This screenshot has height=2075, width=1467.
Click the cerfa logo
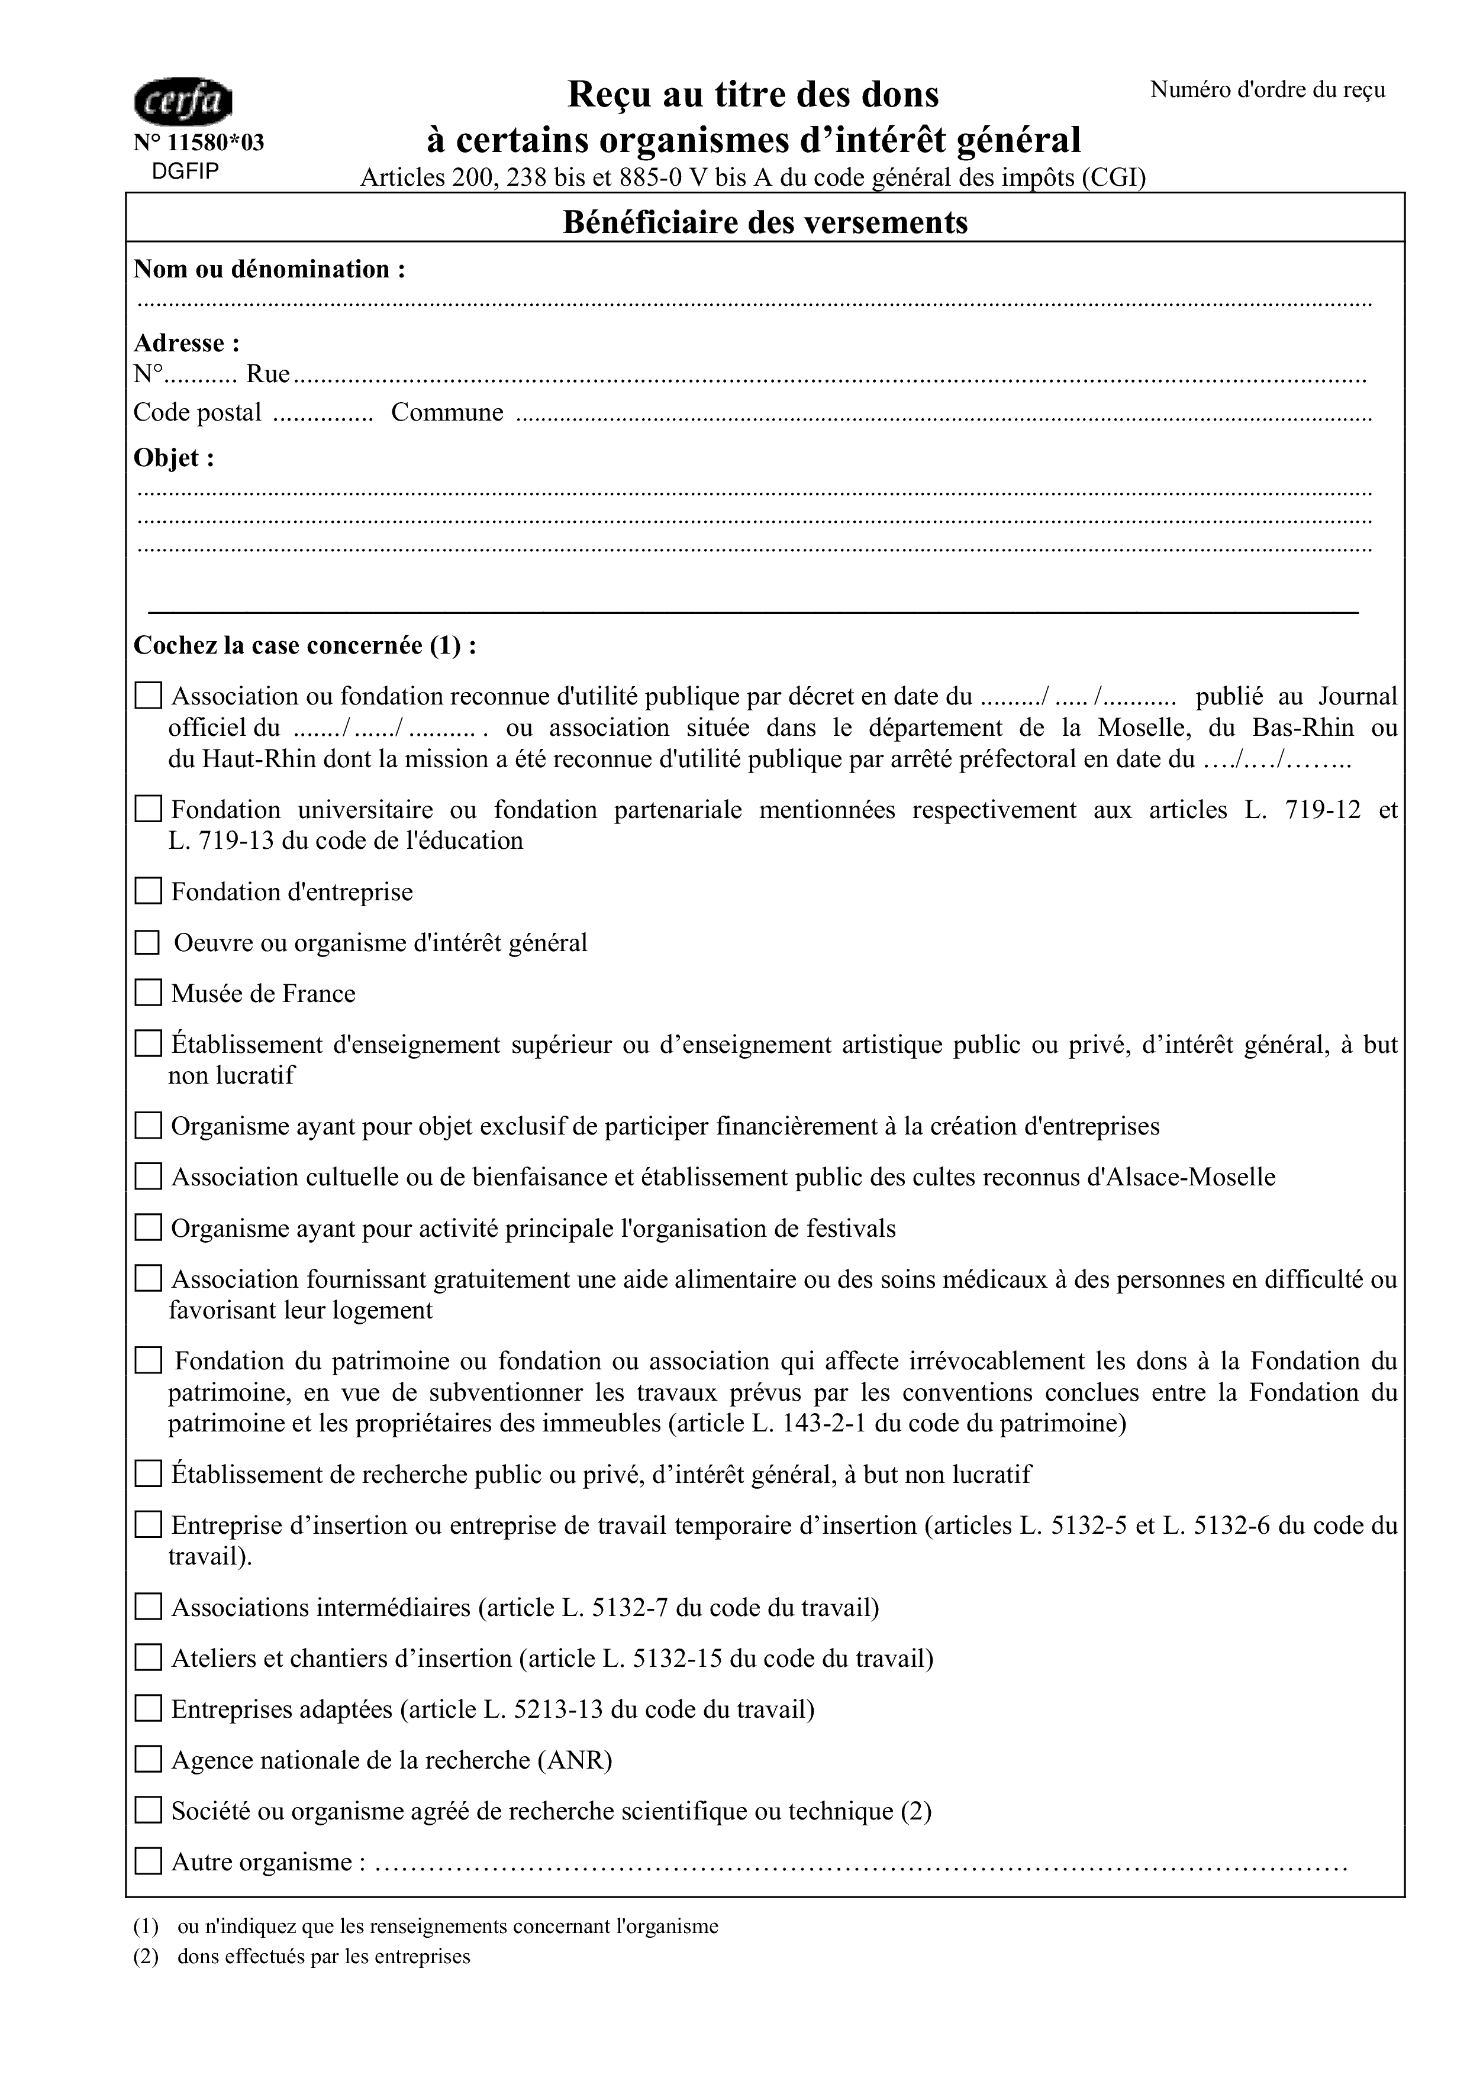click(183, 101)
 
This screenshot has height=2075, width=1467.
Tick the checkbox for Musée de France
click(148, 993)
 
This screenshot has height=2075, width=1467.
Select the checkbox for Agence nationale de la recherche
click(148, 1760)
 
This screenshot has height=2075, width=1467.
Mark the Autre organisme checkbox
click(148, 1861)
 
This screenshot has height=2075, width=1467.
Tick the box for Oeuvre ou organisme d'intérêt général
click(147, 943)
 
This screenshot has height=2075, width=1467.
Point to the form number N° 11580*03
click(199, 143)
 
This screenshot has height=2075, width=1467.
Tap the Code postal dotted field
click(323, 415)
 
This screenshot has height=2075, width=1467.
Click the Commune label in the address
click(447, 413)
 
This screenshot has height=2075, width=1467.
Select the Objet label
click(173, 458)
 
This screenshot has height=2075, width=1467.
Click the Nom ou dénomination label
click(269, 269)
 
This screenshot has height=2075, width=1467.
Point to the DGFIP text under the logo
click(185, 172)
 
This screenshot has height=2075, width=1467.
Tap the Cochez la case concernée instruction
click(305, 645)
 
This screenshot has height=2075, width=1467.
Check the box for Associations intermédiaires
click(148, 1607)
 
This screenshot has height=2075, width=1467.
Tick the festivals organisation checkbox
click(148, 1227)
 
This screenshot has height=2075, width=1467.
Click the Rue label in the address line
click(269, 374)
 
